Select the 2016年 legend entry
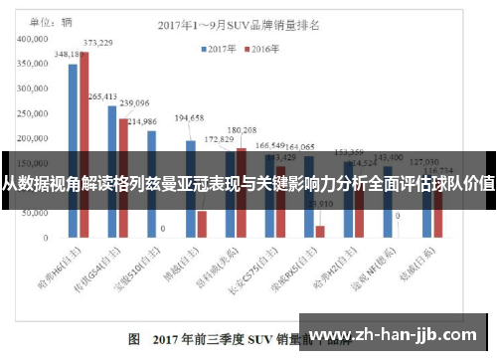pyautogui.click(x=265, y=47)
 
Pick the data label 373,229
pyautogui.click(x=97, y=43)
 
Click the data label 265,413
pyautogui.click(x=103, y=96)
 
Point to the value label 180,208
pyautogui.click(x=242, y=129)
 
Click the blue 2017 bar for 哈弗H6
pyautogui.click(x=73, y=149)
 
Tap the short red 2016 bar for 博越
pyautogui.click(x=202, y=225)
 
